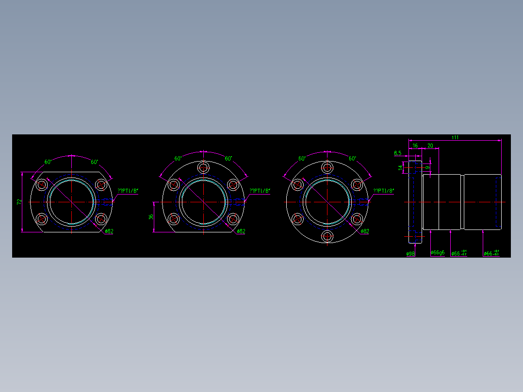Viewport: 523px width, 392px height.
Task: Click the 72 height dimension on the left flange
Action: pyautogui.click(x=19, y=201)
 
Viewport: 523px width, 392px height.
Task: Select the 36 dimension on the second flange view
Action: pyautogui.click(x=151, y=217)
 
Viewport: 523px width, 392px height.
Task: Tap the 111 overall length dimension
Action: pyautogui.click(x=455, y=138)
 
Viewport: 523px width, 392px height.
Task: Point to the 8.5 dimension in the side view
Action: pyautogui.click(x=398, y=153)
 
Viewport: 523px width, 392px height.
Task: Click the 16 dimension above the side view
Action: pyautogui.click(x=415, y=146)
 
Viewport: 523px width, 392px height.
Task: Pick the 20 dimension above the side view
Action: pyautogui.click(x=430, y=146)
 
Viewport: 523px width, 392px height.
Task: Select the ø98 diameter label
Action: pyautogui.click(x=410, y=253)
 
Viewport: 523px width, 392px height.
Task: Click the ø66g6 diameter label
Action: pyautogui.click(x=438, y=253)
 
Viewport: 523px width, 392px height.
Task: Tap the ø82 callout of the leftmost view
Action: pyautogui.click(x=109, y=231)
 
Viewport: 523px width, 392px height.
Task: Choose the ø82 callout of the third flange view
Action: pyautogui.click(x=365, y=231)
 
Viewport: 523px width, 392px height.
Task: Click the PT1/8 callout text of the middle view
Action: pyautogui.click(x=260, y=191)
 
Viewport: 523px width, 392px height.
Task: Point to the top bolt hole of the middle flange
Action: pyautogui.click(x=203, y=168)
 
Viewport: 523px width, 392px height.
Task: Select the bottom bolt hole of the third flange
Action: pyautogui.click(x=328, y=236)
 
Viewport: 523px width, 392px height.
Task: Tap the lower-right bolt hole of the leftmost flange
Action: pyautogui.click(x=101, y=219)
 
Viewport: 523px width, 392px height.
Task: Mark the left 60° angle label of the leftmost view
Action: pyautogui.click(x=48, y=162)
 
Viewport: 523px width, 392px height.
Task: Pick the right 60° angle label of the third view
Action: pyautogui.click(x=353, y=159)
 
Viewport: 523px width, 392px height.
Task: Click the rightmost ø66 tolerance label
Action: pyautogui.click(x=491, y=253)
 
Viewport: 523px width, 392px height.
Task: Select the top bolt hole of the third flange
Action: pyautogui.click(x=328, y=168)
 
